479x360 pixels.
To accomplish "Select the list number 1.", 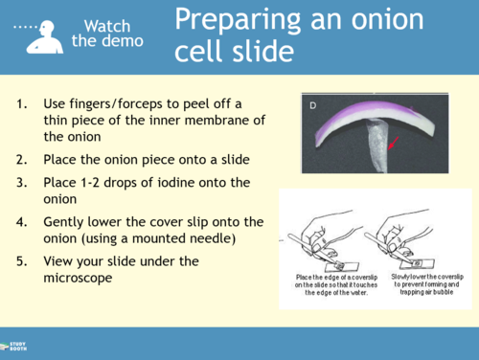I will click(22, 103).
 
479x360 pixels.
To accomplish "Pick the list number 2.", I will click(22, 159).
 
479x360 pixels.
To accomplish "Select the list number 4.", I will click(22, 221).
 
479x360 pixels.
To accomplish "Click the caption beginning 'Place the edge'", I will click(331, 284).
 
